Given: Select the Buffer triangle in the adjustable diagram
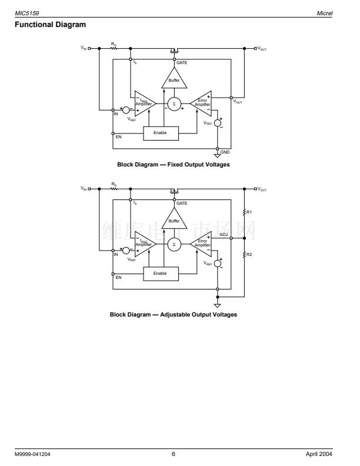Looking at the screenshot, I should pos(174,219).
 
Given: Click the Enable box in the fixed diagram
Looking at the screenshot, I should pos(160,132).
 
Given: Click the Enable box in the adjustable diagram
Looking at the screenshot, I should pos(160,273).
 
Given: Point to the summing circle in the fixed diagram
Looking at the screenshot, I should pos(174,104).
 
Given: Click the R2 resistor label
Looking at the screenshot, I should pos(249,255).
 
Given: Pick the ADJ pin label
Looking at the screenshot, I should pos(224,234).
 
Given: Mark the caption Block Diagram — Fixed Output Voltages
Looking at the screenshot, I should pos(174,165).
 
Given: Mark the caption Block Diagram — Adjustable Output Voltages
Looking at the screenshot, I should pos(174,314).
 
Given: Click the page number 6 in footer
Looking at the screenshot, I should pos(174,454).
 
